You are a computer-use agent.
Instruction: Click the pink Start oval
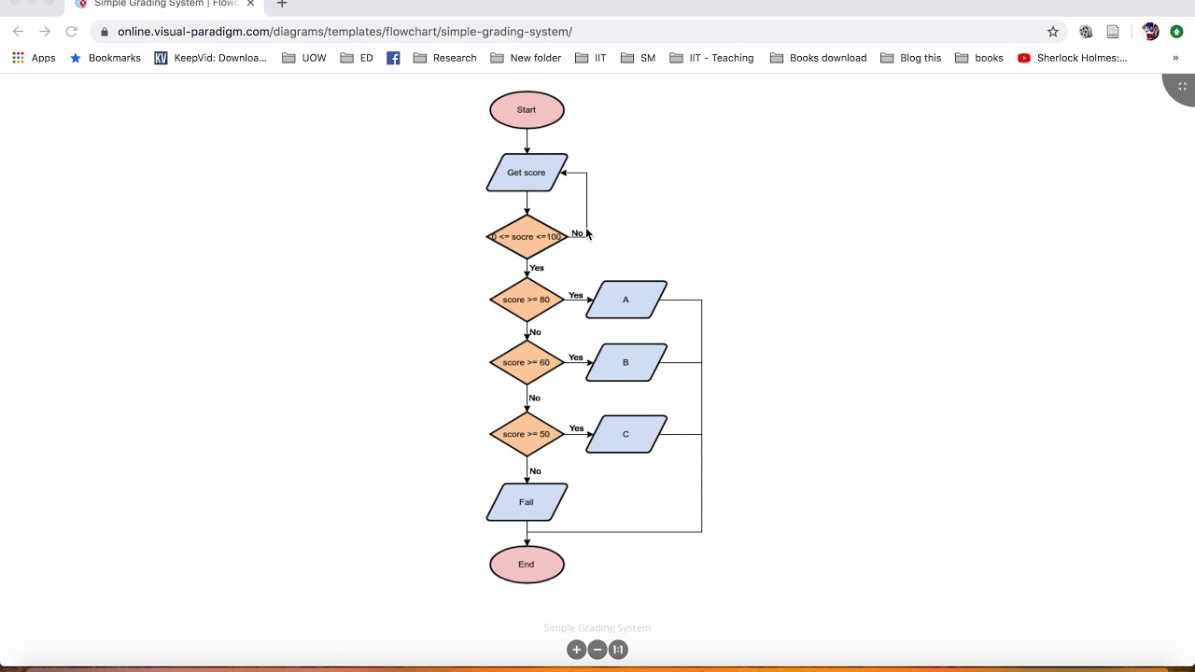pyautogui.click(x=527, y=110)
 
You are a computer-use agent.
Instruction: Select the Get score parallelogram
pyautogui.click(x=527, y=173)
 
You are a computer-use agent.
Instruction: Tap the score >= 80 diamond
pyautogui.click(x=527, y=300)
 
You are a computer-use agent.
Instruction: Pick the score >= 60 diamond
pyautogui.click(x=527, y=362)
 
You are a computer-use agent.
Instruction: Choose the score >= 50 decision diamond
pyautogui.click(x=527, y=434)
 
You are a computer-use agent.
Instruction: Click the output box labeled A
pyautogui.click(x=626, y=300)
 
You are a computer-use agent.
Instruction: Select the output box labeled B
pyautogui.click(x=626, y=362)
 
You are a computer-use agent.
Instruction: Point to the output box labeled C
pyautogui.click(x=626, y=434)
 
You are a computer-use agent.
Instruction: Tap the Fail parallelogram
pyautogui.click(x=527, y=502)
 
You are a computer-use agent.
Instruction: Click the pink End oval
pyautogui.click(x=527, y=565)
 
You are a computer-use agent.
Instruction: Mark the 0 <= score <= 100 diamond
pyautogui.click(x=527, y=237)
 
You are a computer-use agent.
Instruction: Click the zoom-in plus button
pyautogui.click(x=576, y=650)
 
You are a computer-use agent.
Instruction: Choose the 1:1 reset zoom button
pyautogui.click(x=618, y=650)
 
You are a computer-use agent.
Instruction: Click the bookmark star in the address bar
pyautogui.click(x=1053, y=32)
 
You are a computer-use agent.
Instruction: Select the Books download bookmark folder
pyautogui.click(x=818, y=58)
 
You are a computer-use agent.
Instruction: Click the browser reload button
pyautogui.click(x=71, y=32)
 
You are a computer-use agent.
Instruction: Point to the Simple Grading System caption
pyautogui.click(x=597, y=628)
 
